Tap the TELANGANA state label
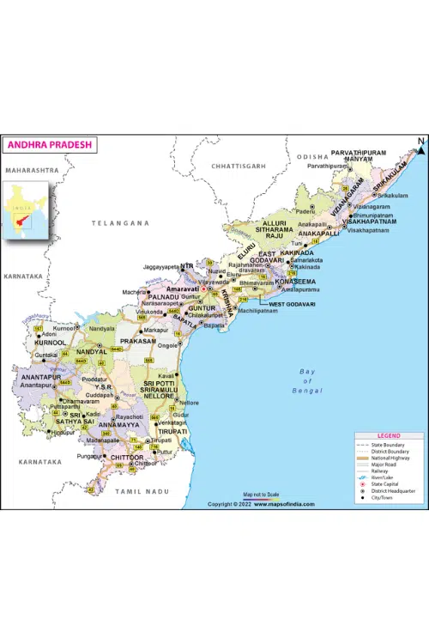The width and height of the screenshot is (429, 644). coord(121,222)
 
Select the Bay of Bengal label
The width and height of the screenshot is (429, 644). coord(307,380)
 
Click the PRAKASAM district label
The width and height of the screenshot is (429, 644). coord(137,341)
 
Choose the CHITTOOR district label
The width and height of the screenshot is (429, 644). coord(127,458)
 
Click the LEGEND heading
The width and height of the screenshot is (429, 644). coord(388,436)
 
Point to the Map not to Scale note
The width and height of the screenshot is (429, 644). coord(261,495)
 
